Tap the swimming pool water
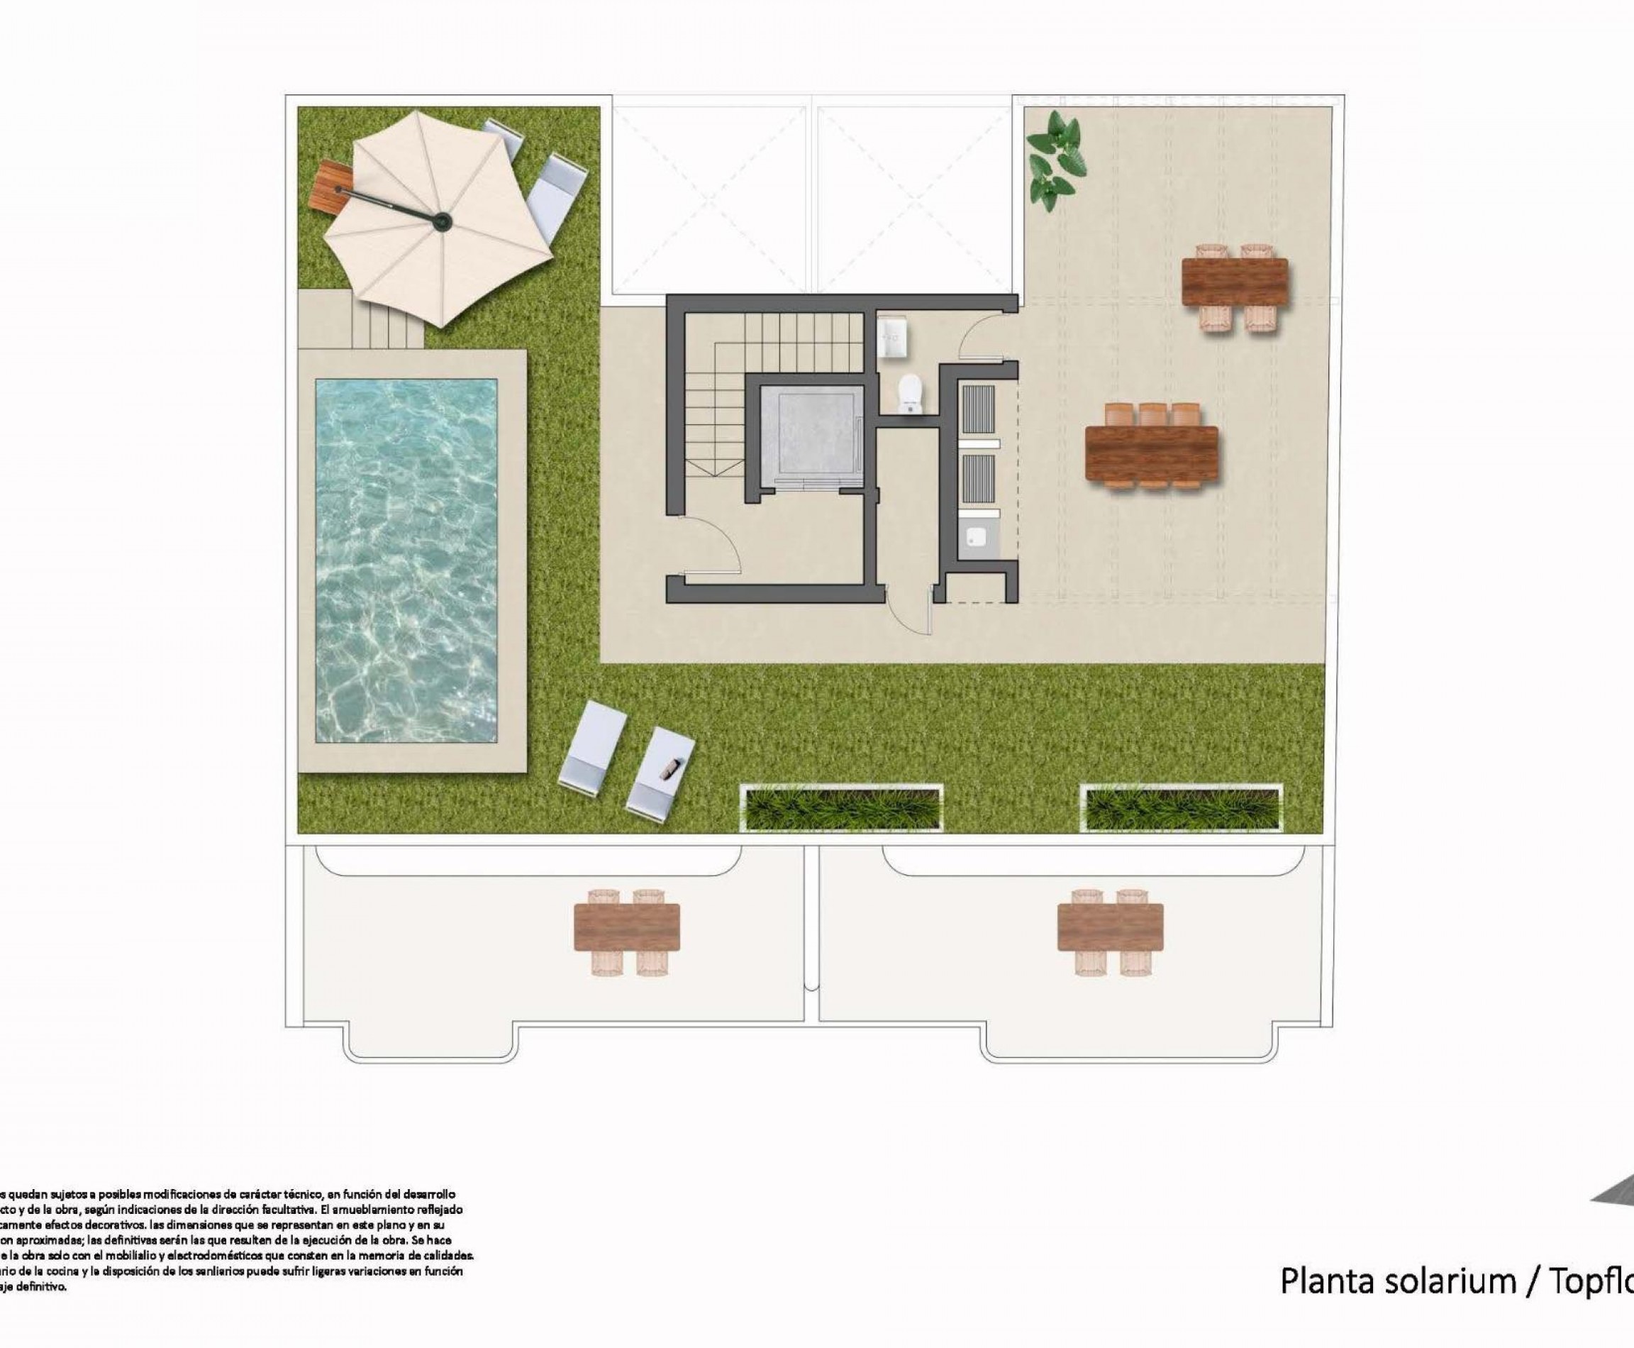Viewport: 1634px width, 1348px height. pos(406,560)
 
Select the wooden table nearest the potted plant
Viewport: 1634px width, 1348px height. pos(1233,282)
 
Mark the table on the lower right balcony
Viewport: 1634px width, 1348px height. pos(1109,927)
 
